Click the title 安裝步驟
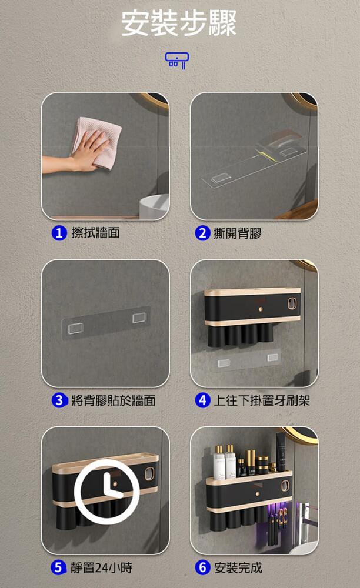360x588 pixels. [x=179, y=24]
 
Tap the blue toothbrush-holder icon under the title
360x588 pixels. [x=176, y=60]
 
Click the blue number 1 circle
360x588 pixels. [x=59, y=233]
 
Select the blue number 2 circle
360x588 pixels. [x=202, y=233]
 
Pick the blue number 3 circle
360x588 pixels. [x=59, y=400]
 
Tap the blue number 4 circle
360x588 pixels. [x=202, y=400]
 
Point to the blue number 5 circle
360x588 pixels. [x=58, y=567]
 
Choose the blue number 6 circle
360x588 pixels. [x=202, y=567]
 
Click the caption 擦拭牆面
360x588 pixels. [x=96, y=233]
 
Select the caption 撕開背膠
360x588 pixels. [x=238, y=233]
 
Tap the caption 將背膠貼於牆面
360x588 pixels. [x=114, y=400]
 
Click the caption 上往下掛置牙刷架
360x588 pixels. [x=262, y=400]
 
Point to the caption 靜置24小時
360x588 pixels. [x=101, y=568]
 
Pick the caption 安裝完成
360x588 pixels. [x=238, y=568]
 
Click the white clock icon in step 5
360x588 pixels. [x=107, y=492]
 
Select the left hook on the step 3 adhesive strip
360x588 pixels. [x=75, y=329]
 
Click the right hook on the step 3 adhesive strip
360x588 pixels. [x=139, y=318]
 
